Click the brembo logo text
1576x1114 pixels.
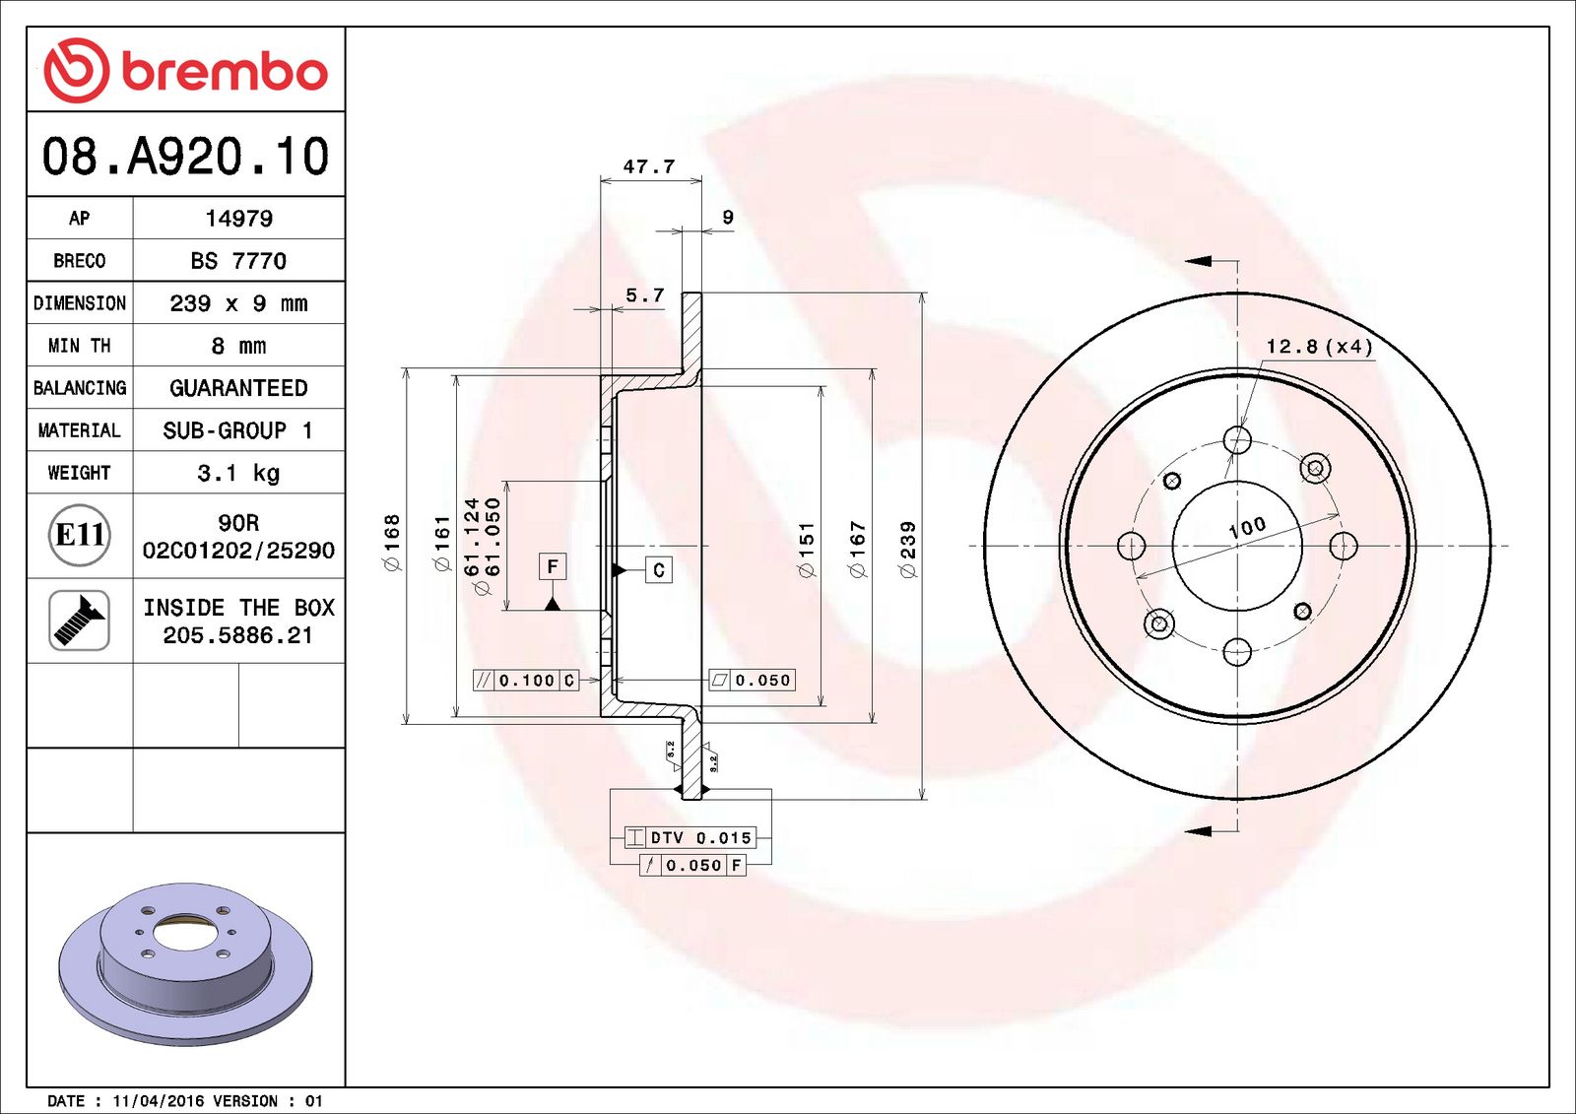pos(224,72)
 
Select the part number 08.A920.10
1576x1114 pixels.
pos(185,157)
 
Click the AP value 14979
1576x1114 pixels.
pos(238,219)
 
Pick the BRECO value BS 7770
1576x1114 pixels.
pos(238,261)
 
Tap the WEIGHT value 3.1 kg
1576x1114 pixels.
pos(238,473)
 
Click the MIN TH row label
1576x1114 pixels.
pos(79,346)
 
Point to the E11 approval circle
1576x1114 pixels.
pos(79,535)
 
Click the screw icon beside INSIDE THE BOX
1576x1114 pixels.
pos(79,621)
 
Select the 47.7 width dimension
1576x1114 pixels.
pos(649,166)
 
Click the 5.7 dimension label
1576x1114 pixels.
pos(645,295)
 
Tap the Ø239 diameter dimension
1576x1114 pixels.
pos(908,549)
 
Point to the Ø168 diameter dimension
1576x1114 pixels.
pos(392,542)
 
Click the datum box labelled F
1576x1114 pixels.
pos(553,566)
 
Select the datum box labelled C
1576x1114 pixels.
pos(659,569)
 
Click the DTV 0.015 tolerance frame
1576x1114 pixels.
pos(689,838)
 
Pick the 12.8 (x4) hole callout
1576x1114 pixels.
pos(1319,347)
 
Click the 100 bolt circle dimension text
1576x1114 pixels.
pos(1247,527)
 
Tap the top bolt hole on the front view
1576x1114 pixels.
pos(1237,439)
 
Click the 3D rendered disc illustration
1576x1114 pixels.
pos(185,960)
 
